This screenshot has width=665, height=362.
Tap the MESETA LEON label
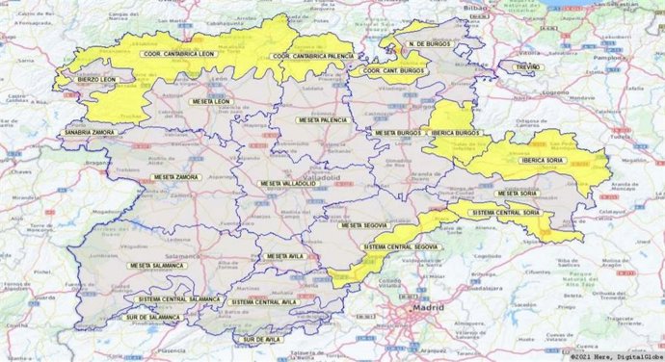(211, 101)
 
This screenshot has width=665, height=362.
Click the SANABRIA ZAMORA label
(90, 132)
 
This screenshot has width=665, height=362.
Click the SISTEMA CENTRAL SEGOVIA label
(402, 247)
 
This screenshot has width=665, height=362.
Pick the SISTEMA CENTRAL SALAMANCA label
(173, 299)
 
